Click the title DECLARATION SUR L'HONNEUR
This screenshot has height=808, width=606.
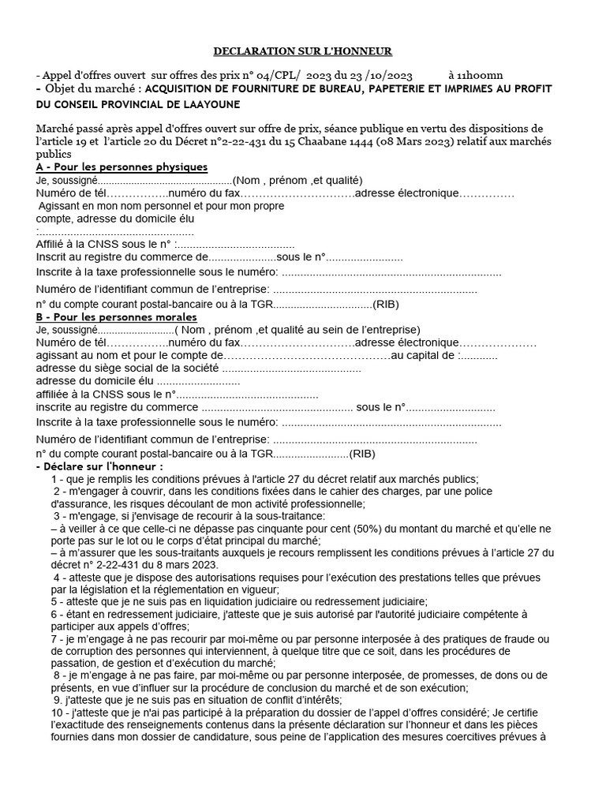pyautogui.click(x=303, y=51)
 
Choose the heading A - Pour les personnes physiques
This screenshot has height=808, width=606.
pyautogui.click(x=122, y=167)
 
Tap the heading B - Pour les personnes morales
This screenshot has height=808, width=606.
pyautogui.click(x=117, y=316)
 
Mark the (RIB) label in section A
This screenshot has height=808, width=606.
pyautogui.click(x=386, y=304)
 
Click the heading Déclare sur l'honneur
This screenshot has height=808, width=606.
pyautogui.click(x=99, y=466)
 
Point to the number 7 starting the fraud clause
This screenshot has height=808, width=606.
pyautogui.click(x=54, y=639)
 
